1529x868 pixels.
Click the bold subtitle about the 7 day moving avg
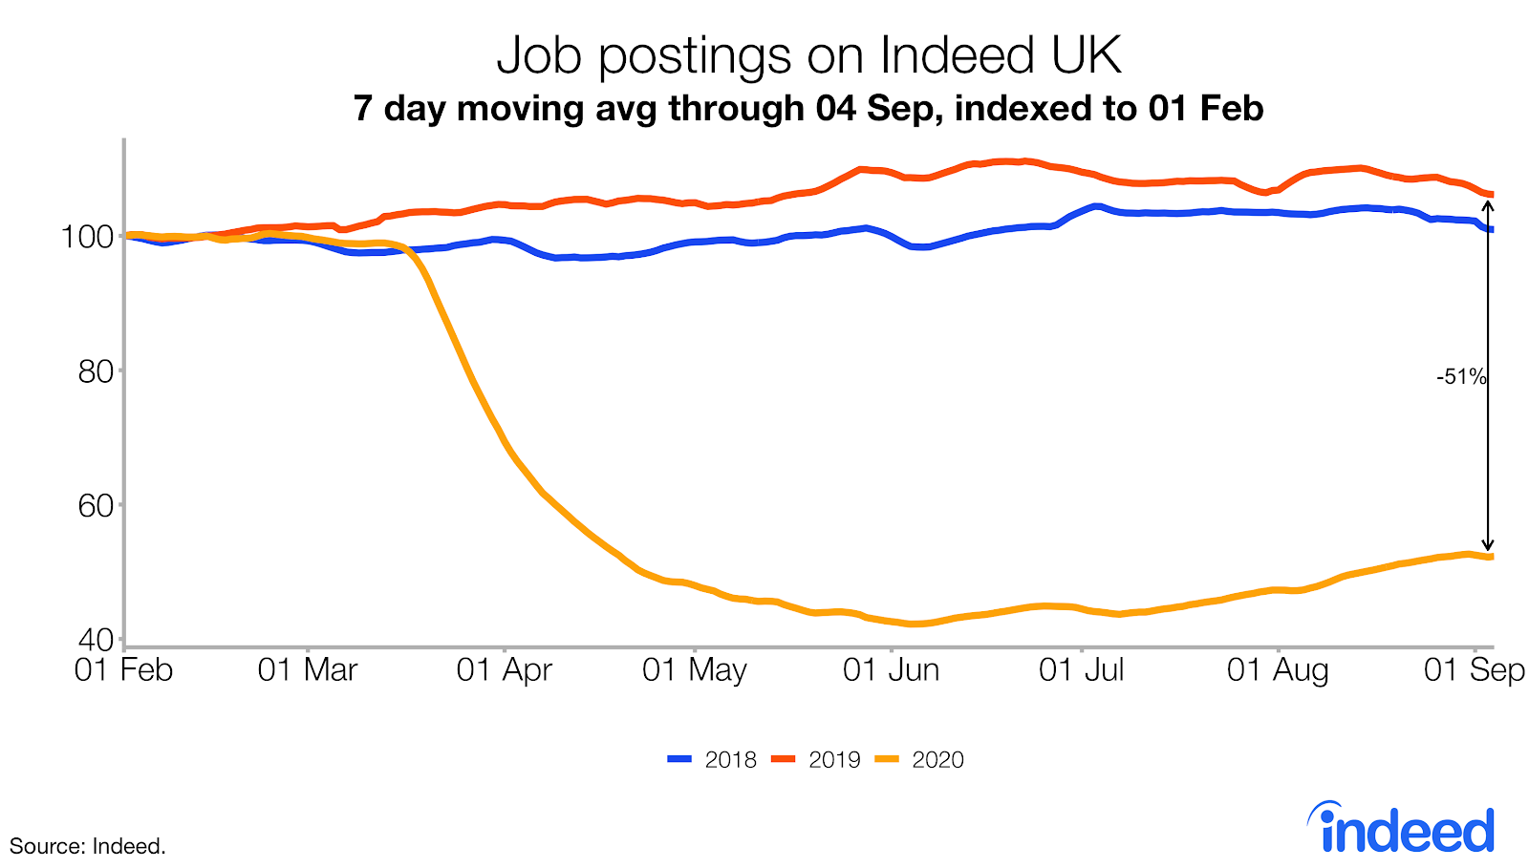tap(808, 108)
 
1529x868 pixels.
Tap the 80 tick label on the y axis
tap(96, 370)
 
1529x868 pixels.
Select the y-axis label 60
tap(96, 505)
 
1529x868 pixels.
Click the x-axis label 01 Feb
tap(123, 670)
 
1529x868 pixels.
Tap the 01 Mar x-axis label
tap(308, 670)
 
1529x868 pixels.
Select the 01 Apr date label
tap(504, 670)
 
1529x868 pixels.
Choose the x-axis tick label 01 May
tap(695, 670)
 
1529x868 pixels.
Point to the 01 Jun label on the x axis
tap(891, 670)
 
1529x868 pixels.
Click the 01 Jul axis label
tap(1082, 670)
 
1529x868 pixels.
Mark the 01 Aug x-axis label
tap(1278, 670)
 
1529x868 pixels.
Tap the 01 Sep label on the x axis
tap(1474, 670)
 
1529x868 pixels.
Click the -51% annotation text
tap(1461, 377)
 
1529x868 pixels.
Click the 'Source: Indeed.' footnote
tap(88, 846)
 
